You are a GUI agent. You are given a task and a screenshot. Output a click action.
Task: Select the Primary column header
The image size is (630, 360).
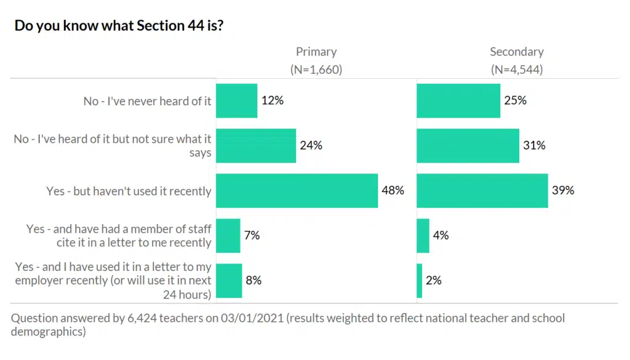pos(316,52)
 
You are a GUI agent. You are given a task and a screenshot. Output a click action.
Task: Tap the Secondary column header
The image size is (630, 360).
pos(517,52)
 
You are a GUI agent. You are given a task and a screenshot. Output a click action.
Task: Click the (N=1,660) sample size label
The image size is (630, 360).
pos(316,70)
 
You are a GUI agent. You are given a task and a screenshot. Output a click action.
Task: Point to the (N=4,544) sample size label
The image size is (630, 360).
pos(517,70)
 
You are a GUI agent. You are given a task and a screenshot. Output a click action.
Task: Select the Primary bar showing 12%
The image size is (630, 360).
pos(236,100)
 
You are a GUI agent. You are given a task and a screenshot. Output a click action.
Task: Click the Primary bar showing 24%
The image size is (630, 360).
pos(256,146)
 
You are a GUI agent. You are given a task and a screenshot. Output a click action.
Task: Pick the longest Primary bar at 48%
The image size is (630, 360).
pos(297,191)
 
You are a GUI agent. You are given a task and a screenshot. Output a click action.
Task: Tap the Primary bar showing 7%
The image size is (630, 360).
pos(228,236)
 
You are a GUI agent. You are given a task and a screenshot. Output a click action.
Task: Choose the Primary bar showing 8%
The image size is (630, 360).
pos(229,281)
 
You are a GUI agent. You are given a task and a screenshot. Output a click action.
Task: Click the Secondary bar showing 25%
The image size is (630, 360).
pos(458,100)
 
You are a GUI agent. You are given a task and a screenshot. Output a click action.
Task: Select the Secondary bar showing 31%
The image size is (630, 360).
pos(468,146)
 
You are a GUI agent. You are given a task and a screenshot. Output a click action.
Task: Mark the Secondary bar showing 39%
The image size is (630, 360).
pos(482,191)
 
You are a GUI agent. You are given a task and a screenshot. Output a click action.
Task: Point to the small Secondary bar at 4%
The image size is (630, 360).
pos(423,236)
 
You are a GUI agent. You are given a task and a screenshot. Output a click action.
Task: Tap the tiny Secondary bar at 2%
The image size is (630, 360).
pos(420,281)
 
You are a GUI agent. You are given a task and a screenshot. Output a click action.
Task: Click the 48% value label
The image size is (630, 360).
pos(393,191)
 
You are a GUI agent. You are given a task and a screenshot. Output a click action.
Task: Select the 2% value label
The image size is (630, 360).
pos(434,281)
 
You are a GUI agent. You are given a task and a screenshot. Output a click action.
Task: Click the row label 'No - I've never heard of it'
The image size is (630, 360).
pos(148,101)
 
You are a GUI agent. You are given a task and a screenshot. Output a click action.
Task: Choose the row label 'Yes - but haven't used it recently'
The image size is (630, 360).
pos(129,191)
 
